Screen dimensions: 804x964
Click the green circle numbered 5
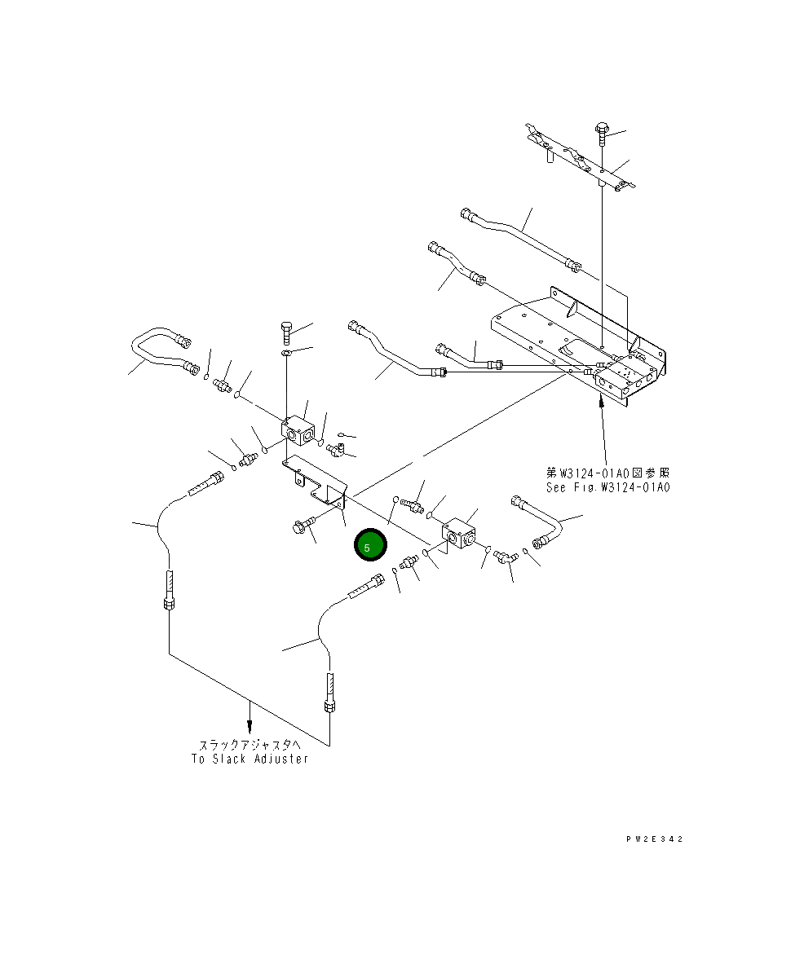click(370, 545)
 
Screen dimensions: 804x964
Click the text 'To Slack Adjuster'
click(250, 759)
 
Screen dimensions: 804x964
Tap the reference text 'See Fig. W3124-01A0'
click(607, 487)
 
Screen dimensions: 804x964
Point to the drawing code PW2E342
click(655, 839)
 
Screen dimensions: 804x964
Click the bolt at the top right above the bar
click(602, 134)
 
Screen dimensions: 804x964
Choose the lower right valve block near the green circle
click(459, 532)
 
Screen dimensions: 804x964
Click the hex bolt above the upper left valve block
click(288, 332)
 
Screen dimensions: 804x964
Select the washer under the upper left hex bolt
click(287, 353)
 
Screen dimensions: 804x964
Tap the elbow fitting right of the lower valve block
click(505, 557)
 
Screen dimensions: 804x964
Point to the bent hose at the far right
click(537, 522)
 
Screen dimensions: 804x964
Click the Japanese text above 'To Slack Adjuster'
click(250, 745)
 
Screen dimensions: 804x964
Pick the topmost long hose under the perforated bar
click(520, 239)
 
